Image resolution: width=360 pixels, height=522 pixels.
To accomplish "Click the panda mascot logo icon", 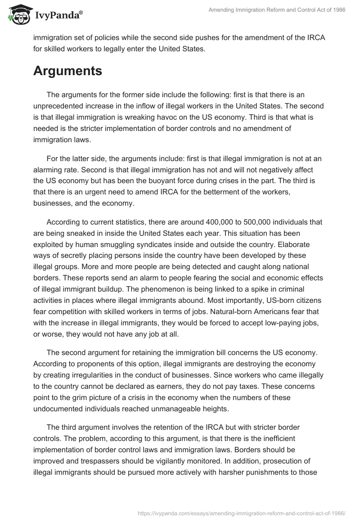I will click(x=18, y=15).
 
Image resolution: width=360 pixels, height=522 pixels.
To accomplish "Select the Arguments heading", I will click(x=67, y=71).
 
